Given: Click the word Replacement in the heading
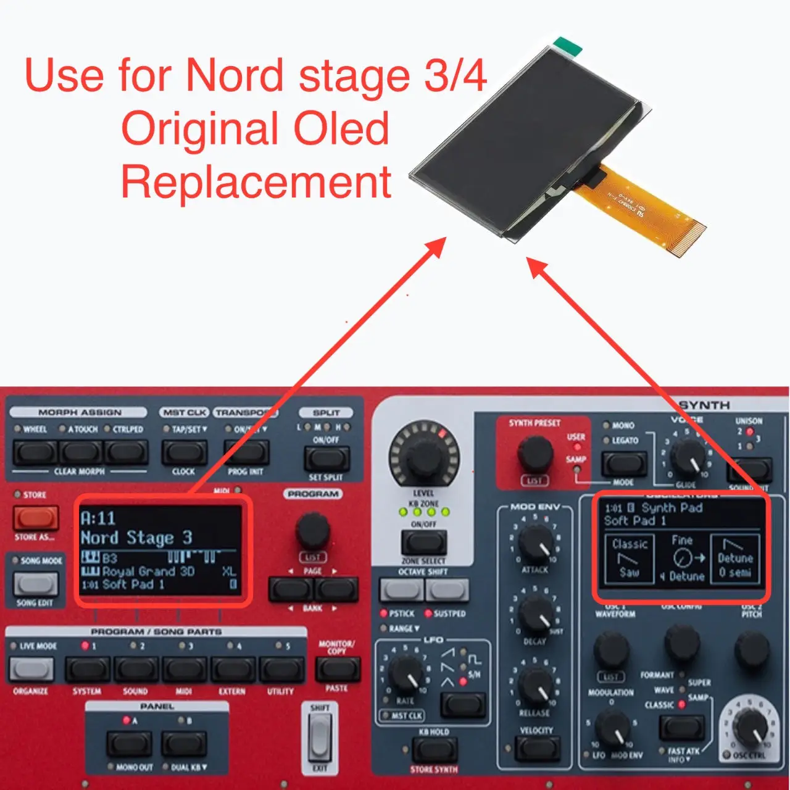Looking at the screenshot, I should pos(256,183).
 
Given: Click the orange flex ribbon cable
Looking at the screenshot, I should pos(642,210).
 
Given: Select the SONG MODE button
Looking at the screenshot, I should pos(36,583).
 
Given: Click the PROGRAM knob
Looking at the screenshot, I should pos(313,530).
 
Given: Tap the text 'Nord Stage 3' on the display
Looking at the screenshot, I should pos(136,538).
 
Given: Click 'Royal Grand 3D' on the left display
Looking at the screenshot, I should pos(148,572).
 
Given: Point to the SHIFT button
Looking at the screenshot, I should pos(319,738).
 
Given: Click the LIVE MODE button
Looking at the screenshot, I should pos(31,669).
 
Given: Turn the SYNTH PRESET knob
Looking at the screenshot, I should pos(534,454).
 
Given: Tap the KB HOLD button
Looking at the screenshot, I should pos(434,750).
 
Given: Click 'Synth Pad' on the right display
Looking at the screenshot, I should pos(671,508).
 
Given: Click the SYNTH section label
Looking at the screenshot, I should pos(704,405).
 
